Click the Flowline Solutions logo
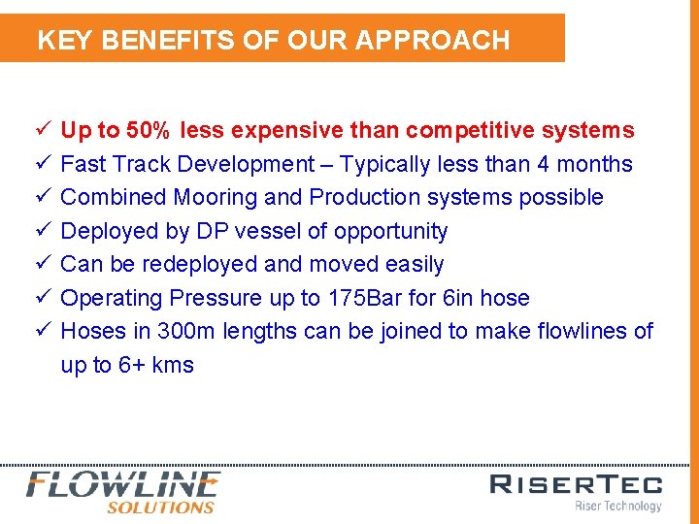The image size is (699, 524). pyautogui.click(x=123, y=491)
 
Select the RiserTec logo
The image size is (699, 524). pyautogui.click(x=576, y=491)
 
